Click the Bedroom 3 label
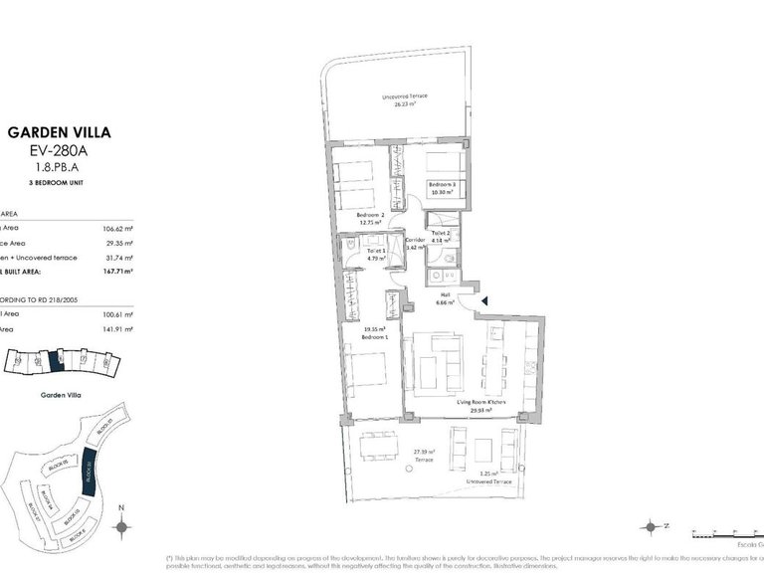pyautogui.click(x=443, y=187)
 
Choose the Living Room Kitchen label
pyautogui.click(x=481, y=404)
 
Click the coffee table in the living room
pyautogui.click(x=429, y=372)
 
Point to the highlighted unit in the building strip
pyautogui.click(x=57, y=359)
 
